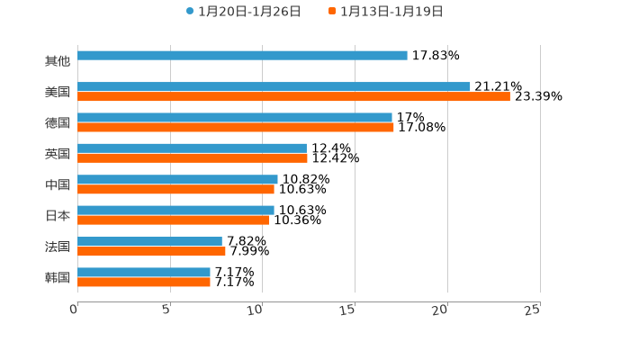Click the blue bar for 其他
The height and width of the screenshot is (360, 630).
[242, 56]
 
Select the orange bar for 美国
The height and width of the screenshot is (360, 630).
[293, 97]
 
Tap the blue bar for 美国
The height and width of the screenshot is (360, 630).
[274, 86]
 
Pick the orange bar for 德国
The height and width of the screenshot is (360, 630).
[236, 128]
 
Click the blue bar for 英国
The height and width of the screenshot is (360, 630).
[192, 148]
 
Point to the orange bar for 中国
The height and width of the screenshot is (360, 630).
[175, 190]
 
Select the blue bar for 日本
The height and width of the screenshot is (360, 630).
[175, 210]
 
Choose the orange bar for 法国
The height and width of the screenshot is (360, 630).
[151, 251]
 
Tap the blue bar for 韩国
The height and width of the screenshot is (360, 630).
[144, 272]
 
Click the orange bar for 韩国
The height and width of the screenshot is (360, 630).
[144, 282]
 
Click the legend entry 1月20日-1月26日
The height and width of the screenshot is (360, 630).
[243, 12]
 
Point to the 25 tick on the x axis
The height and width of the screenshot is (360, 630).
[533, 310]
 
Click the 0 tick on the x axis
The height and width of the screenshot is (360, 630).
[74, 310]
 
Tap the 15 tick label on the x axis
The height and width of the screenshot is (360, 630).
[348, 310]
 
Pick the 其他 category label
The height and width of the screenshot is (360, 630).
[58, 61]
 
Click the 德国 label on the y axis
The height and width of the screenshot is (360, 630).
[58, 122]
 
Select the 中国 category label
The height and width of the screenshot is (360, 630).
[58, 184]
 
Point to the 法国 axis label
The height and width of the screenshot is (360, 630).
[58, 247]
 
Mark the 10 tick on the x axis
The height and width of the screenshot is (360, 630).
[256, 310]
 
